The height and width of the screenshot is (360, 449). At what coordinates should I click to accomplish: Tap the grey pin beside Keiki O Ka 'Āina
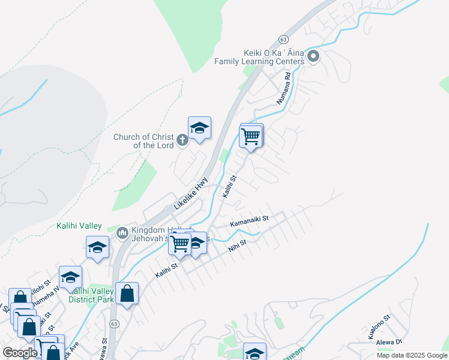(313, 57)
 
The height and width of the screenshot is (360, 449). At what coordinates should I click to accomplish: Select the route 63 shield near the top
(284, 38)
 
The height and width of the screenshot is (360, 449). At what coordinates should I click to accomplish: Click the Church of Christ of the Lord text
(144, 141)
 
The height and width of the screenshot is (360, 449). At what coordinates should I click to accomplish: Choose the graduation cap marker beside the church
(199, 128)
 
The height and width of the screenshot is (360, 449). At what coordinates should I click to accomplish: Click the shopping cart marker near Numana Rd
(251, 136)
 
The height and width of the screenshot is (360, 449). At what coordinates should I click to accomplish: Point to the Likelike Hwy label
(191, 193)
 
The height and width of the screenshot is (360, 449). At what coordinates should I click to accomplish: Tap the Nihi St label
(237, 245)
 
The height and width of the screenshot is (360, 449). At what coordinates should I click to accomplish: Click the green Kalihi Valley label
(79, 226)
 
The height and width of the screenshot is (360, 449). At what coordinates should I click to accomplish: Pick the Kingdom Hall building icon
(122, 232)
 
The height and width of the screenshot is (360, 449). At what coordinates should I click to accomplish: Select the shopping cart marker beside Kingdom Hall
(179, 244)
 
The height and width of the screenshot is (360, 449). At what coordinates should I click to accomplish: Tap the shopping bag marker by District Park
(127, 293)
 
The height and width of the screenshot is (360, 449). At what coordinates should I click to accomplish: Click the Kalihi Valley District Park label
(91, 295)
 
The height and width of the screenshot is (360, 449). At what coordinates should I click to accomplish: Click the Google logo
(19, 353)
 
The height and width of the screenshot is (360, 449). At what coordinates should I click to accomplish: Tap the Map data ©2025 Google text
(411, 355)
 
